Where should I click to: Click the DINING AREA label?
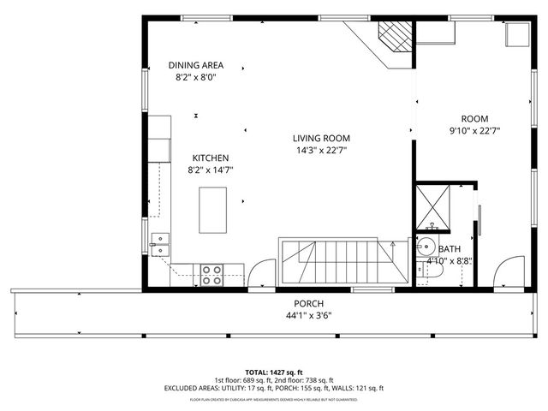pos(196,65)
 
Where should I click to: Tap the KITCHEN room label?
pos(210,158)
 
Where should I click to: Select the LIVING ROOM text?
pos(321,138)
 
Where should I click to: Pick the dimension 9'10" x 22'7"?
pos(474,131)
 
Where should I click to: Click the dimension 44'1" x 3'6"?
pos(308,315)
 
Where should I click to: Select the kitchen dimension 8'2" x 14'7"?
pos(210,170)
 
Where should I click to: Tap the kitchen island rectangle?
pos(213,210)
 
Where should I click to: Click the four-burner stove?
pos(212,275)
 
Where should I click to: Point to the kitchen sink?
pos(160,244)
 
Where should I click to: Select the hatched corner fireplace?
pos(395,38)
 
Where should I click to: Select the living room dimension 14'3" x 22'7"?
pos(321,150)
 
